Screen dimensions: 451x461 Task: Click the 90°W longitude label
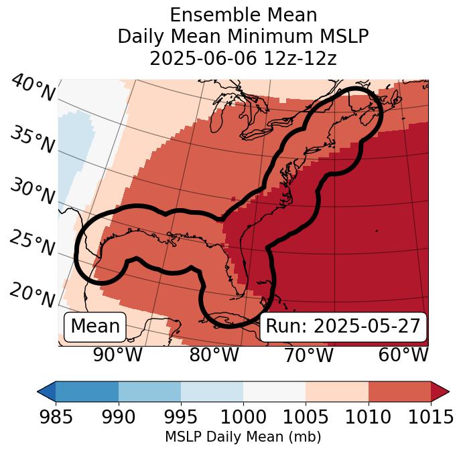(x=118, y=355)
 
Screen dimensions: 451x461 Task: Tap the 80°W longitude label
(x=214, y=355)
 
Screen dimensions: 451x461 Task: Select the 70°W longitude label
(x=309, y=355)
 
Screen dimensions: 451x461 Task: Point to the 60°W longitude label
(x=403, y=355)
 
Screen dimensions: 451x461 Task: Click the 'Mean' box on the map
(x=95, y=327)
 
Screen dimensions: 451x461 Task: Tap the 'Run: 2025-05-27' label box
(x=343, y=327)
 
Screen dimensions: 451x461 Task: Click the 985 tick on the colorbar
(x=56, y=416)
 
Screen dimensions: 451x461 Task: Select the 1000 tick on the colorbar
(x=243, y=416)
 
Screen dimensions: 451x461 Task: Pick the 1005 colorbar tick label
(x=306, y=416)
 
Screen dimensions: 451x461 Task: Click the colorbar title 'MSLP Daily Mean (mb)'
(x=243, y=438)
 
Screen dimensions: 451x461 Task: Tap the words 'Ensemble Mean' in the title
(x=243, y=15)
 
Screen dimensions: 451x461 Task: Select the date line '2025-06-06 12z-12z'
(x=243, y=58)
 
